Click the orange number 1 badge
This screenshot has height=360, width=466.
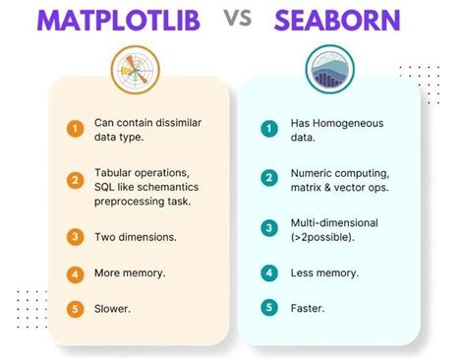(x=75, y=128)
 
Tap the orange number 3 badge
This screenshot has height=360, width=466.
(x=75, y=237)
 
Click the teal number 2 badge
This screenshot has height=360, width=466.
(x=267, y=178)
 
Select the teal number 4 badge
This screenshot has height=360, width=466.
(x=267, y=271)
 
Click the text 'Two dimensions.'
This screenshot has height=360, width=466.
(x=135, y=237)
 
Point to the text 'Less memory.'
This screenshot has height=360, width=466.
(x=321, y=271)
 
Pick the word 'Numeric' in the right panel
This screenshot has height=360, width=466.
(x=311, y=172)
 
